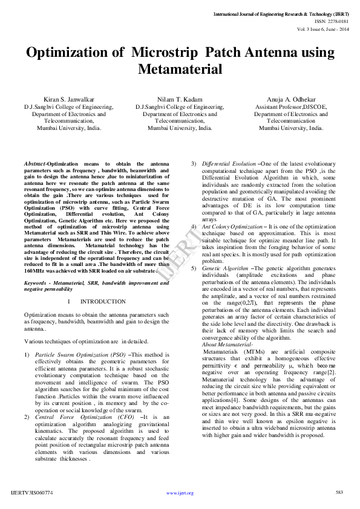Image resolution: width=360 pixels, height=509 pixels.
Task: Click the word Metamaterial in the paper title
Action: click(180, 69)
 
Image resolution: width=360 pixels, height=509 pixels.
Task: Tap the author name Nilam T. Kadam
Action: click(180, 99)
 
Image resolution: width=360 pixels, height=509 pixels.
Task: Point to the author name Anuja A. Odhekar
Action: click(291, 99)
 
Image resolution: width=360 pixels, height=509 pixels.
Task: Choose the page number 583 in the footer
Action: click(339, 493)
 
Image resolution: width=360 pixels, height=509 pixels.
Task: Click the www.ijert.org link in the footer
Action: click(180, 493)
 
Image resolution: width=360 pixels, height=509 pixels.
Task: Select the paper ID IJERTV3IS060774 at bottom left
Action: click(32, 493)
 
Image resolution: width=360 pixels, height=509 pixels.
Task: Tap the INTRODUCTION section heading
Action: click(103, 301)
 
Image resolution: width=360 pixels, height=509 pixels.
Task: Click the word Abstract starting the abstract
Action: click(35, 164)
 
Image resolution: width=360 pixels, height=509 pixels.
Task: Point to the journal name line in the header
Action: click(281, 13)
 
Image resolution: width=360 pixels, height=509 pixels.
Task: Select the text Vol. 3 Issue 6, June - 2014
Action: click(322, 28)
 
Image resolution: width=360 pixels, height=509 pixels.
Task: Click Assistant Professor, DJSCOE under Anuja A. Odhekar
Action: click(291, 106)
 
